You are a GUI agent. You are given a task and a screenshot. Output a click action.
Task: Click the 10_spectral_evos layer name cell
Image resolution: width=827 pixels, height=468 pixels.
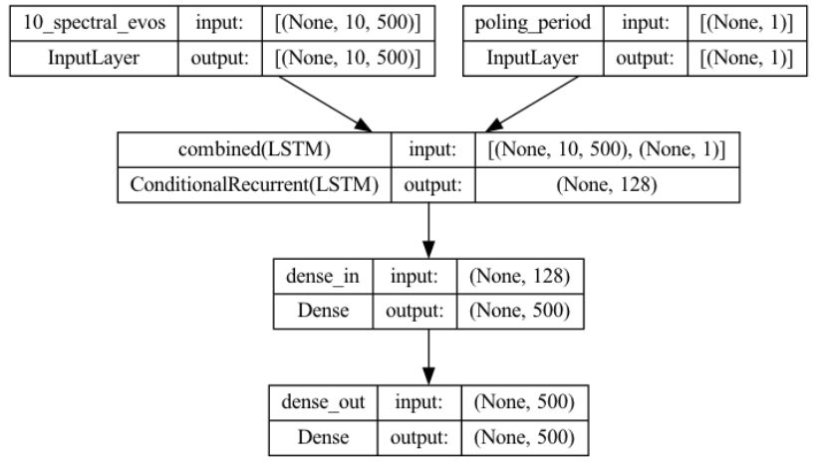coord(92,22)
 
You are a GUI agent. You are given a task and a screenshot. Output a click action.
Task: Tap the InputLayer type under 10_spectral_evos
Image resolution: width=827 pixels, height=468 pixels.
coord(92,59)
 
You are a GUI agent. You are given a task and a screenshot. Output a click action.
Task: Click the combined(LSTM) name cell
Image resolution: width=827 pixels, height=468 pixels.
coord(253,151)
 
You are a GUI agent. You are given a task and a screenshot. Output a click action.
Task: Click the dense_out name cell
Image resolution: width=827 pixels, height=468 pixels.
coord(318,403)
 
